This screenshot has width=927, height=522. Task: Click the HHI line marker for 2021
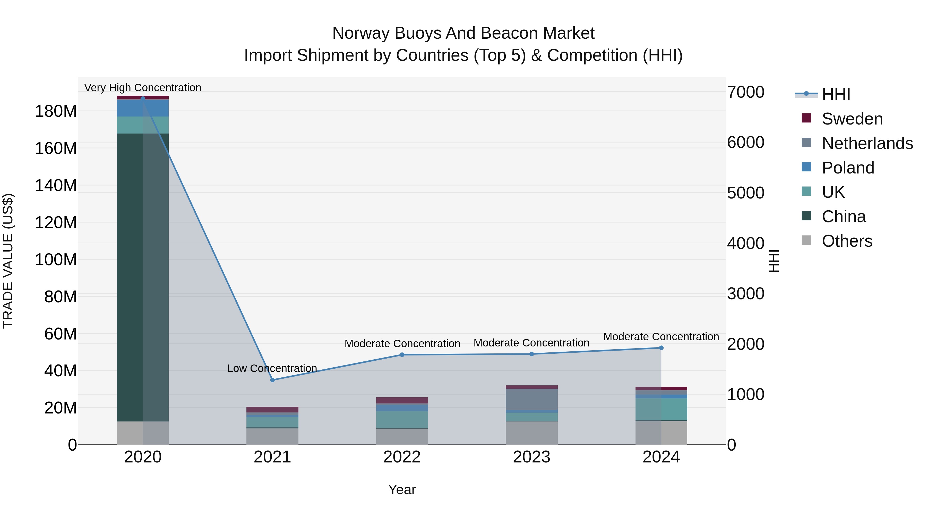click(x=272, y=380)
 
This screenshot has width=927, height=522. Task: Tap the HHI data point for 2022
click(x=402, y=355)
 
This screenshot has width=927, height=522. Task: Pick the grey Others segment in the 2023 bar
click(x=531, y=433)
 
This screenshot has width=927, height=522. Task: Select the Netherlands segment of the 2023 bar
click(x=531, y=399)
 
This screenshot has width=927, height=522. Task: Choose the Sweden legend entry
click(x=852, y=119)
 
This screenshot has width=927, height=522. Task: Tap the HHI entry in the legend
click(x=836, y=94)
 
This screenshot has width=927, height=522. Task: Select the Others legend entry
click(x=846, y=241)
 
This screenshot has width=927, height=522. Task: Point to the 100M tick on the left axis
click(x=56, y=260)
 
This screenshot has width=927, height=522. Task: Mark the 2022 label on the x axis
click(x=402, y=457)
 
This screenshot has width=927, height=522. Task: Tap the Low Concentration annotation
click(x=272, y=369)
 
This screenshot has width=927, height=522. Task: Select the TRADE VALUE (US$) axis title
click(x=8, y=261)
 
